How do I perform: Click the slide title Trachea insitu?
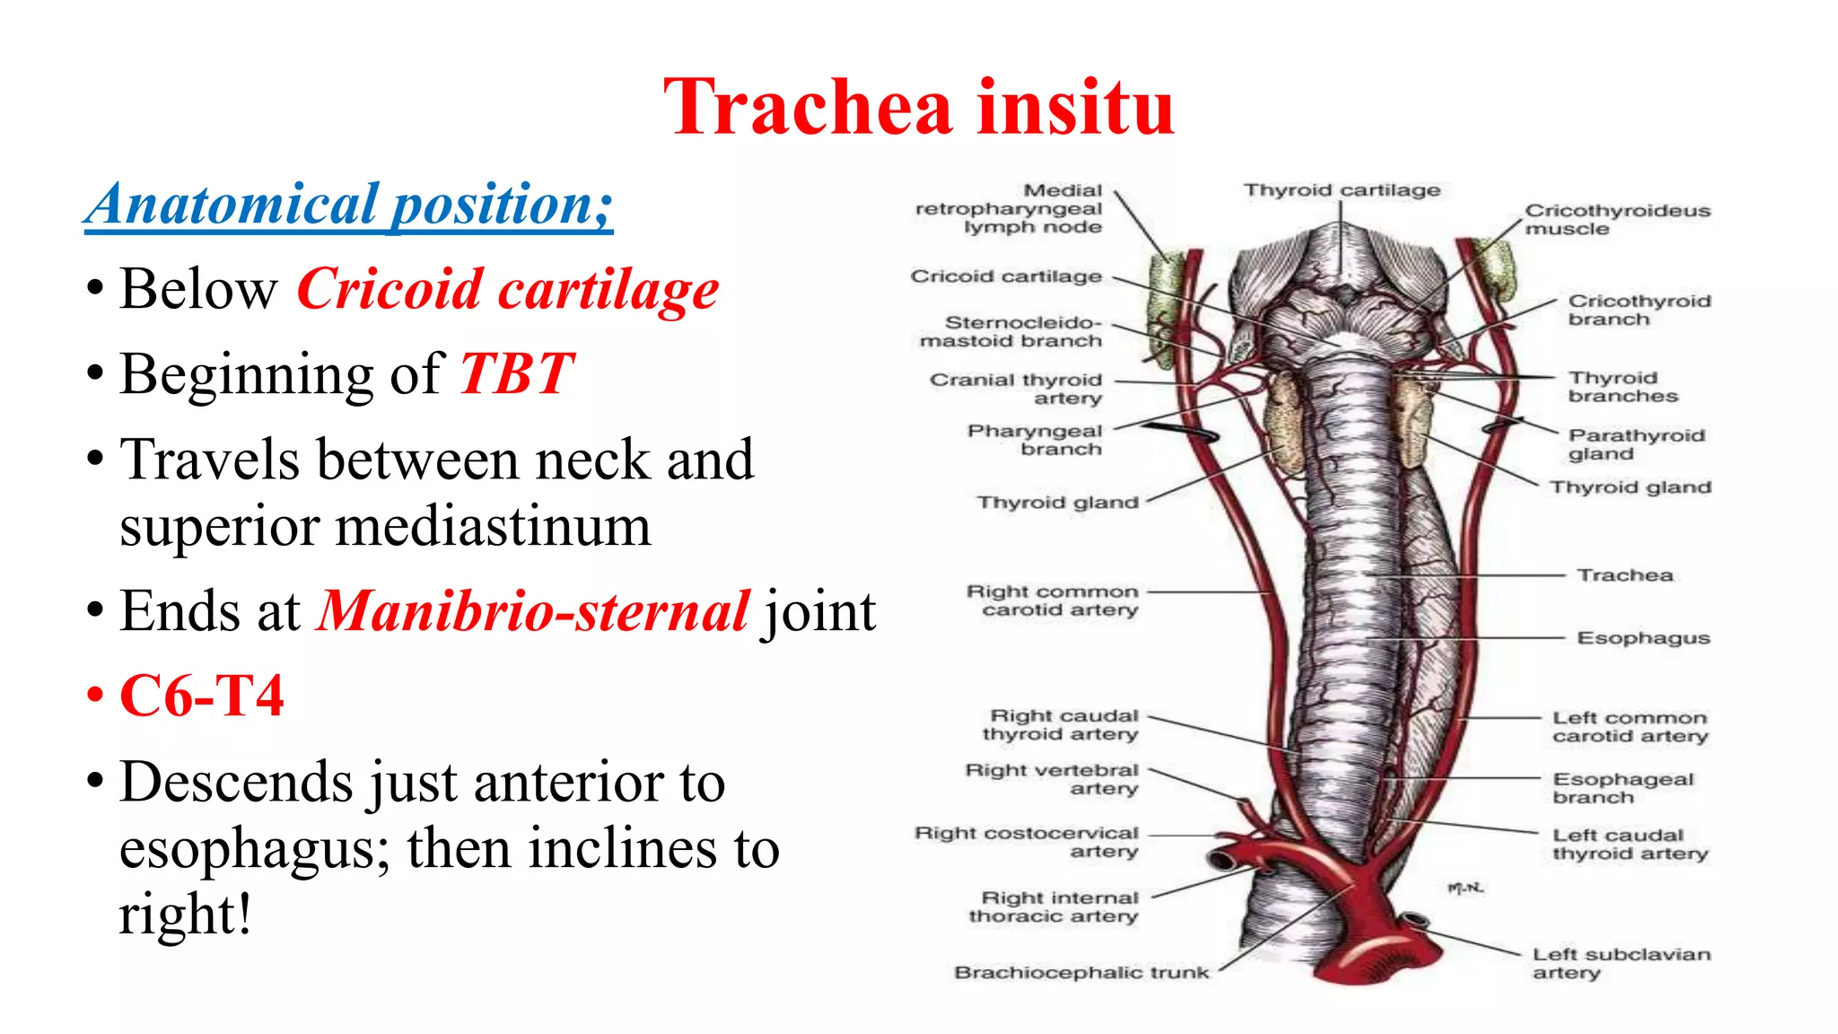(x=919, y=108)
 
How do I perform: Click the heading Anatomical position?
(x=348, y=205)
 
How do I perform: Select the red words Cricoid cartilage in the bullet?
(x=507, y=290)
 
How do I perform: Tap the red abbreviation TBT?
(x=516, y=373)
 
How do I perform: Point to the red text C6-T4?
(x=202, y=696)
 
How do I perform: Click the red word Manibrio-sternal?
(x=533, y=611)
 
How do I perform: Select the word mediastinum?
(x=385, y=526)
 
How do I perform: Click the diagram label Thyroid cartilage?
(x=1342, y=190)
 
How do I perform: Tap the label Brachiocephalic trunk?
(x=1081, y=972)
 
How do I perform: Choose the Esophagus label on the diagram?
(x=1643, y=638)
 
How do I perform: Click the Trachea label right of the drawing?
(x=1625, y=575)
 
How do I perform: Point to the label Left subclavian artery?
(x=1621, y=963)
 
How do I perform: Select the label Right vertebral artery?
(x=1052, y=779)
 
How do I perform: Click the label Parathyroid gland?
(x=1635, y=444)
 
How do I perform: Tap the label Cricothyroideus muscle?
(x=1617, y=219)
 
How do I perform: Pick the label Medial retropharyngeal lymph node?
(x=1010, y=208)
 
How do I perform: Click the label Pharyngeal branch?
(x=1035, y=440)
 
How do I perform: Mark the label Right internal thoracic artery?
(x=1054, y=907)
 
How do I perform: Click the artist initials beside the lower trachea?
(x=1466, y=888)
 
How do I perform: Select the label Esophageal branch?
(x=1623, y=788)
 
